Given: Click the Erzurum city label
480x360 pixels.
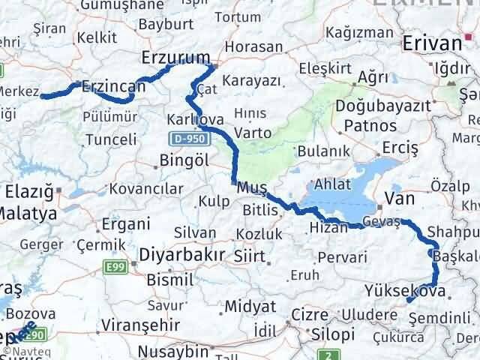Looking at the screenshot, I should pyautogui.click(x=176, y=58).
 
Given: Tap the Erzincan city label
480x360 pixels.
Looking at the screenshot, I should pyautogui.click(x=114, y=87).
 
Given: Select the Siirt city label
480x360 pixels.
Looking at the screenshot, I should pyautogui.click(x=249, y=256).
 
